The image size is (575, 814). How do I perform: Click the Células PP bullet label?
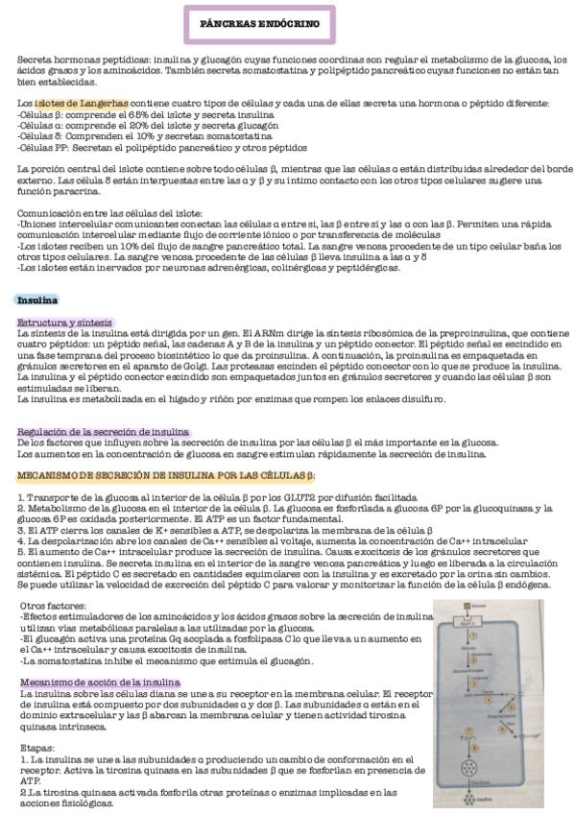[44, 148]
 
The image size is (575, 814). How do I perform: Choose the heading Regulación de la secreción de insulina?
[104, 432]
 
